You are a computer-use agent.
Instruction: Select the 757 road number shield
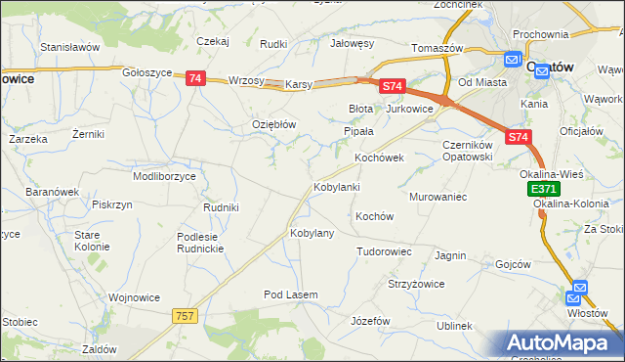186,315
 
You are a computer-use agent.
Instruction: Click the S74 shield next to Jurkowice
393,87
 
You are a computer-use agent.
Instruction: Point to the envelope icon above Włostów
578,291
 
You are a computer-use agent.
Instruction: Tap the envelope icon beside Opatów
515,61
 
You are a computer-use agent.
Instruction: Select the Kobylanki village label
337,187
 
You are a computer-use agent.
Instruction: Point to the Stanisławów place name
70,46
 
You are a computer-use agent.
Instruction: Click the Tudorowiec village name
383,251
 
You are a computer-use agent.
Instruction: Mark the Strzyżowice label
417,284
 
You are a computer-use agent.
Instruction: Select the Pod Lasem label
292,294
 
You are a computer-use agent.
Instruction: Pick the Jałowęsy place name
353,43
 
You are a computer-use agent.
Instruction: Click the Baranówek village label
51,192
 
